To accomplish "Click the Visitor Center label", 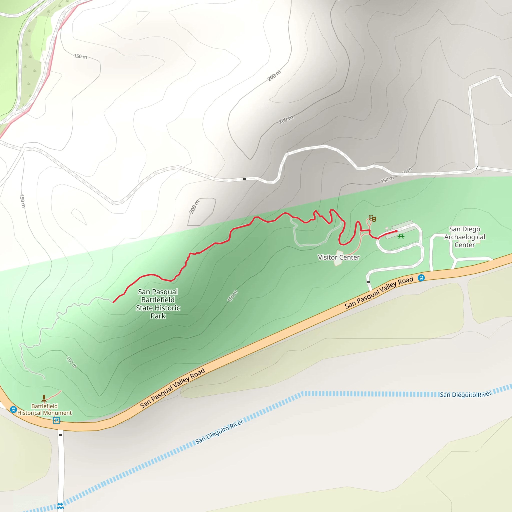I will pyautogui.click(x=338, y=257).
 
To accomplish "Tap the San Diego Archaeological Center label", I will pyautogui.click(x=464, y=237).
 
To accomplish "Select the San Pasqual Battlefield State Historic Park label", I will pyautogui.click(x=158, y=304).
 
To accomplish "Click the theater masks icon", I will pyautogui.click(x=372, y=219).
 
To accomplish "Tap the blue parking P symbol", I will pyautogui.click(x=56, y=420).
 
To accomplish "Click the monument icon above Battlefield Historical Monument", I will pyautogui.click(x=44, y=398).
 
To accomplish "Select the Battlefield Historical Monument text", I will pyautogui.click(x=44, y=409).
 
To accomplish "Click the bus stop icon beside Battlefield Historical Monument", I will pyautogui.click(x=13, y=410).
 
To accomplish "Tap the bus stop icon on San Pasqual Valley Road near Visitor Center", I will pyautogui.click(x=421, y=278).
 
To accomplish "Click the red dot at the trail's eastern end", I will pyautogui.click(x=396, y=231).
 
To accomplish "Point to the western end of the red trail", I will pyautogui.click(x=113, y=302).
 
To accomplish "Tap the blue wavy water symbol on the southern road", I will pyautogui.click(x=60, y=506).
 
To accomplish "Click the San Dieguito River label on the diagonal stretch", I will pyautogui.click(x=219, y=432).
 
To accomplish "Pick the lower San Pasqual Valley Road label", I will pyautogui.click(x=172, y=388).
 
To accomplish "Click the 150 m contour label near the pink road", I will pyautogui.click(x=80, y=56).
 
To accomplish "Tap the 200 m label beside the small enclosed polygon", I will pyautogui.click(x=194, y=207).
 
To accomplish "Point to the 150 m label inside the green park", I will pyautogui.click(x=233, y=296).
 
